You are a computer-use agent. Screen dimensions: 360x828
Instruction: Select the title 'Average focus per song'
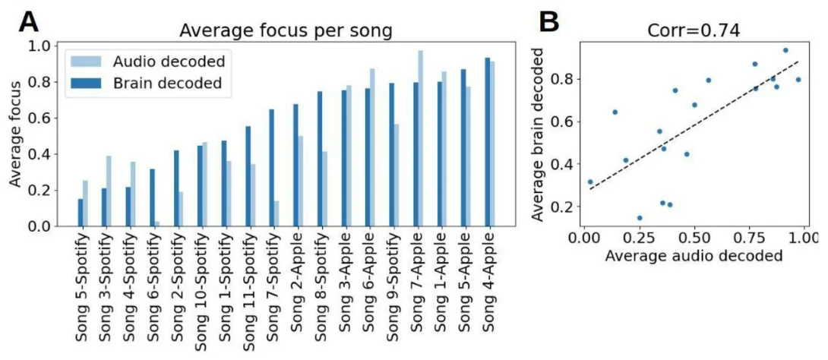[x=286, y=32]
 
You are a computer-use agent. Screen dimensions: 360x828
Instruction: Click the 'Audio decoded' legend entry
[x=168, y=61]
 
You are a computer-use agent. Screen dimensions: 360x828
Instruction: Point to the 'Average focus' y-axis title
[x=16, y=137]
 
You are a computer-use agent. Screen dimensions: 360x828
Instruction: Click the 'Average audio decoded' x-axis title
[x=694, y=256]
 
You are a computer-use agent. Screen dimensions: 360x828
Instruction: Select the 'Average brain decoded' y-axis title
[x=540, y=135]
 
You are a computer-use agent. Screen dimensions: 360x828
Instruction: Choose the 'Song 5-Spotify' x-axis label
[x=83, y=285]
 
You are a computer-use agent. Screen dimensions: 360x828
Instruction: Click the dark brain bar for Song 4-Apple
[x=487, y=142]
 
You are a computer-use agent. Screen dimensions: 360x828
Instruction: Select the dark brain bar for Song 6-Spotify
[x=152, y=197]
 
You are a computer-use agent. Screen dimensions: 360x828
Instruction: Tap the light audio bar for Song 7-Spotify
[x=275, y=213]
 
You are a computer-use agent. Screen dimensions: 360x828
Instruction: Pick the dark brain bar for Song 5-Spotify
[x=80, y=213]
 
